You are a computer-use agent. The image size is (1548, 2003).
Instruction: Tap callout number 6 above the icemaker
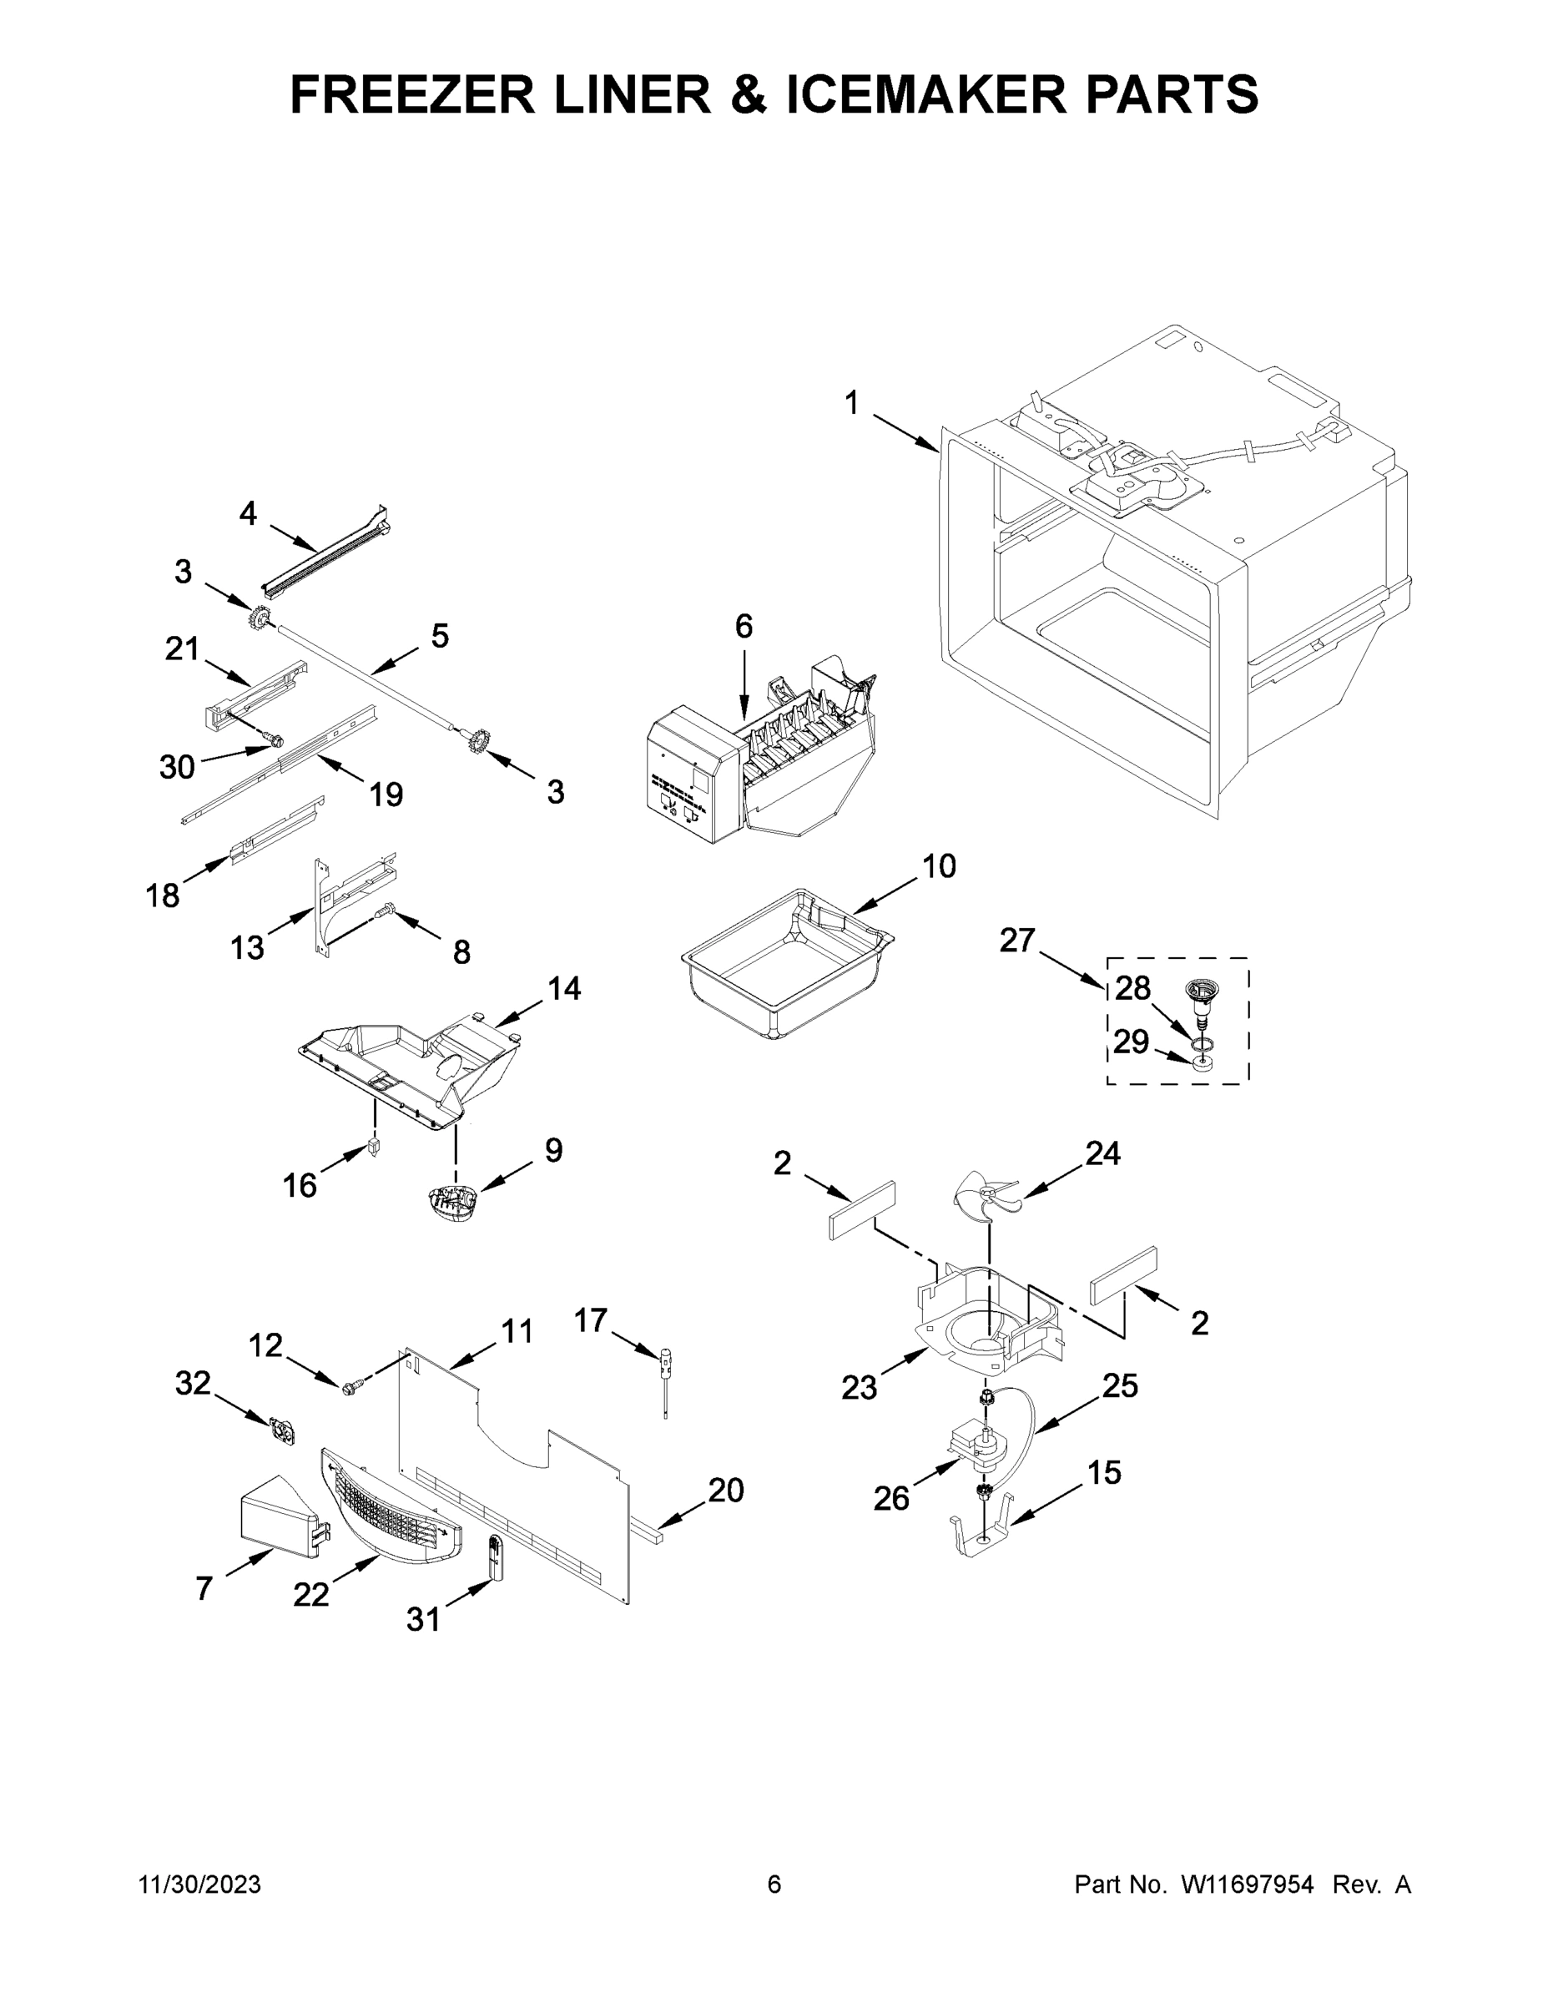(x=744, y=627)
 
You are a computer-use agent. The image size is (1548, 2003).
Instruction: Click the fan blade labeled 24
(x=986, y=1196)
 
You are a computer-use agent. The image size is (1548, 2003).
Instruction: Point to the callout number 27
(x=1017, y=939)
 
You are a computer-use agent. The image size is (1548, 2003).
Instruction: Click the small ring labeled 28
(x=1201, y=1044)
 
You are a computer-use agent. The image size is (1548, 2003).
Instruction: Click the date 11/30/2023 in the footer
(x=199, y=1885)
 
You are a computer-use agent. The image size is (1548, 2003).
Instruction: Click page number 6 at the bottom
(x=774, y=1885)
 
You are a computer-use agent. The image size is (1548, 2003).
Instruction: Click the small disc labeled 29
(x=1203, y=1065)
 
